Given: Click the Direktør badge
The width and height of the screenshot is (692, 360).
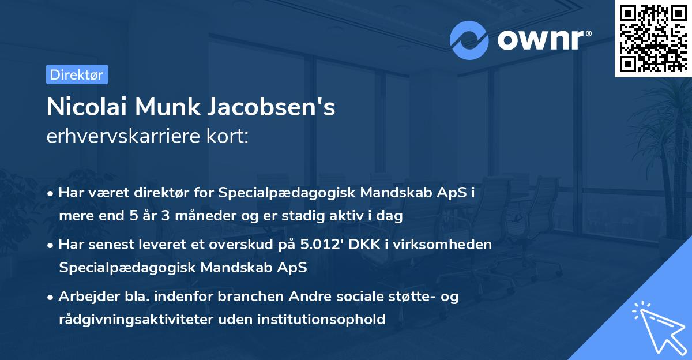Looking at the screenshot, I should [x=77, y=74].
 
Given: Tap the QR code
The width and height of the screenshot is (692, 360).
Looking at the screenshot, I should [x=653, y=38].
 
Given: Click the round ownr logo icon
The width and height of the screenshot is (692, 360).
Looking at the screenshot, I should [x=469, y=40].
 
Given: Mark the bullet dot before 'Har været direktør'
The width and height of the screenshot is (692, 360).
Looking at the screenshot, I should [x=51, y=193].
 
